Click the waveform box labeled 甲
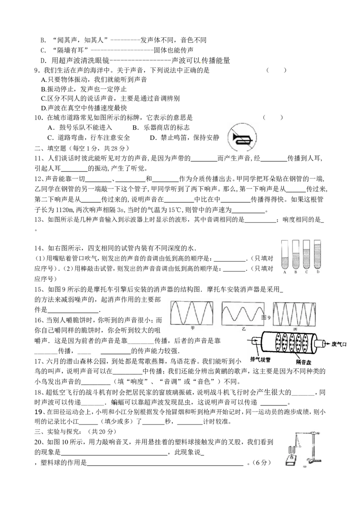click(192, 313)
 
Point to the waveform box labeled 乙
click(243, 313)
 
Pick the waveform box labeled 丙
click(294, 313)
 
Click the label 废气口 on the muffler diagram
click(339, 344)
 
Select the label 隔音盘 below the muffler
click(303, 362)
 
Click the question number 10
click(38, 117)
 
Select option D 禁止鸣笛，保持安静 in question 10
click(184, 138)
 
